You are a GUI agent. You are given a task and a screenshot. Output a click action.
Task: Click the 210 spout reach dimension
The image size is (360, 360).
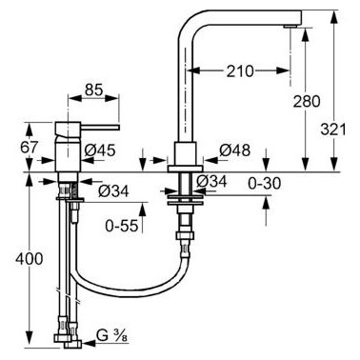coord(240,71)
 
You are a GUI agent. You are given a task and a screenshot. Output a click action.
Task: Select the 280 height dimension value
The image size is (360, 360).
coord(307,102)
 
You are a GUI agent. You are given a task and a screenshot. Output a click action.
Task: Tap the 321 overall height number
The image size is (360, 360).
coord(333,130)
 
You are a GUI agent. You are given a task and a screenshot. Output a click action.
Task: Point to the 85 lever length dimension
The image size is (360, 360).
coord(94,90)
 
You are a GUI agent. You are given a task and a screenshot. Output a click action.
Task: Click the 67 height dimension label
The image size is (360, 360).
coord(30,147)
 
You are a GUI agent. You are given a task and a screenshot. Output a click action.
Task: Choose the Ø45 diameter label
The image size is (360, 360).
coord(100,150)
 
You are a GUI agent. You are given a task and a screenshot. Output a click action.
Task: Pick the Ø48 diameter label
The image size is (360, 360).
coord(234,150)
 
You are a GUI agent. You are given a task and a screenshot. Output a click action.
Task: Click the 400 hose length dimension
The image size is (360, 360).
coord(29,259)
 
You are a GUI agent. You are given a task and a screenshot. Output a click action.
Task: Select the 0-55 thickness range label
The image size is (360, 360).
coord(122,226)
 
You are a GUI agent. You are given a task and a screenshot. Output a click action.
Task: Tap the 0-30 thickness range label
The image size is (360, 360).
coord(265,183)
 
